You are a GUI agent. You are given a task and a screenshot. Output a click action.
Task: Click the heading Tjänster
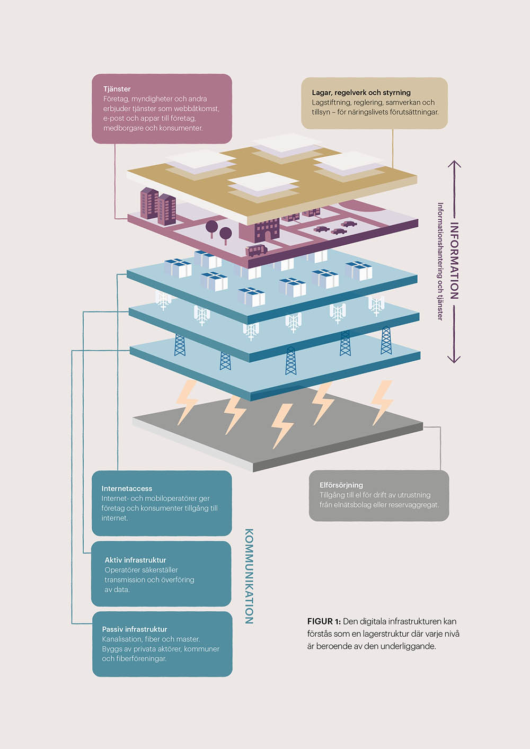pos(117,89)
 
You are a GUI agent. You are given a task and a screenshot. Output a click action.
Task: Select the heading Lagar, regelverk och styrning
pos(361,93)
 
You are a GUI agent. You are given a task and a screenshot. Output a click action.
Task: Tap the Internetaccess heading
pos(127,488)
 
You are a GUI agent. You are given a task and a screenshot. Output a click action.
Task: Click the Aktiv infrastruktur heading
pos(135,560)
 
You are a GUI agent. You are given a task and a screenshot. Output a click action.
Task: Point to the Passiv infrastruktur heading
pos(134,629)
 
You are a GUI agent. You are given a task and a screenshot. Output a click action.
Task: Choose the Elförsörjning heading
pos(341,485)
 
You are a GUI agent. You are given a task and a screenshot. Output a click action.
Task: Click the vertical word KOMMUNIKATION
pos(249,576)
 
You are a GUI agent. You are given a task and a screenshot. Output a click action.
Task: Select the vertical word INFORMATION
pos(454,260)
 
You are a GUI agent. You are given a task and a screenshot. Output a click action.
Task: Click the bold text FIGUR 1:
pos(324,621)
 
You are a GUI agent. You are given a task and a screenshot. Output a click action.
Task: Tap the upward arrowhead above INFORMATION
pos(454,164)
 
